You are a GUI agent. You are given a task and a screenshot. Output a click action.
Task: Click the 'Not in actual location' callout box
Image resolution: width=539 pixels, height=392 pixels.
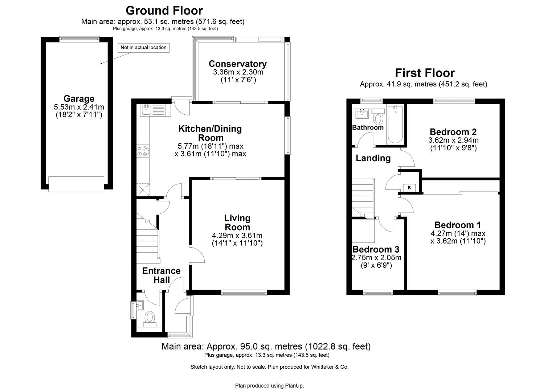[x=143, y=48]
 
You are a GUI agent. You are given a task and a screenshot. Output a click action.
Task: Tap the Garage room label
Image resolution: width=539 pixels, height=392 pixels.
[x=79, y=99]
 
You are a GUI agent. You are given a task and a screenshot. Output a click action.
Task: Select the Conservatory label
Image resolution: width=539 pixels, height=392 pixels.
[x=237, y=64]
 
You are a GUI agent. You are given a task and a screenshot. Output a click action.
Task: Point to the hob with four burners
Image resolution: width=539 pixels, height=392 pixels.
[x=142, y=151]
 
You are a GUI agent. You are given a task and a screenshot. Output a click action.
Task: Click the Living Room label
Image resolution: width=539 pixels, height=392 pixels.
[x=237, y=222]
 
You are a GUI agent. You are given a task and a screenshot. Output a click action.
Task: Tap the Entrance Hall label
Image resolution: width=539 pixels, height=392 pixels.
[x=161, y=275]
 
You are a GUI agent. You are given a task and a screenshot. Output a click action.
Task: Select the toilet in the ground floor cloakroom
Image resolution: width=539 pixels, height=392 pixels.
[x=150, y=318]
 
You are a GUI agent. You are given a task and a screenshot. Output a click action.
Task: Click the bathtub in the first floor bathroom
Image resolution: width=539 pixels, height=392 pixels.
[x=395, y=124]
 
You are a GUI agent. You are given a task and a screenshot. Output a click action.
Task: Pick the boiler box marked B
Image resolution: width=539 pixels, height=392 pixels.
[x=409, y=188]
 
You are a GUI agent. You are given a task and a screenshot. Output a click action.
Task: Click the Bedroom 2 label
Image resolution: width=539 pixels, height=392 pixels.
[x=453, y=132]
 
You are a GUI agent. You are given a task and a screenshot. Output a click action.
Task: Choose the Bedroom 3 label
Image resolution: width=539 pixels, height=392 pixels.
[x=376, y=249]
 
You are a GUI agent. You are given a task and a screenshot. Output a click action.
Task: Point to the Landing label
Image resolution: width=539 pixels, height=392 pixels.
[x=373, y=158]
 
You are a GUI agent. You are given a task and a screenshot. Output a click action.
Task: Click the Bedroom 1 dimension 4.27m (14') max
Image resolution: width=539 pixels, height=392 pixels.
[x=458, y=233]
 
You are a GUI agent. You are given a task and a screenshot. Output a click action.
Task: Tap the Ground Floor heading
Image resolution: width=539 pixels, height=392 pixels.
[x=164, y=10]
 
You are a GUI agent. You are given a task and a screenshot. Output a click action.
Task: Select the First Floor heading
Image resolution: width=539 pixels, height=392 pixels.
[x=425, y=73]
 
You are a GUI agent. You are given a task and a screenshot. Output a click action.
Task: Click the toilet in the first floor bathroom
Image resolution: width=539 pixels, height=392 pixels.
[x=378, y=119]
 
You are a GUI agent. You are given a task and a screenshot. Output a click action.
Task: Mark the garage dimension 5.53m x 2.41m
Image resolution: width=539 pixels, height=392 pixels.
[x=79, y=107]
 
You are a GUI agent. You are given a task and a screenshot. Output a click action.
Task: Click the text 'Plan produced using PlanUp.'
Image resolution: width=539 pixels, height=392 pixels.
[x=269, y=385]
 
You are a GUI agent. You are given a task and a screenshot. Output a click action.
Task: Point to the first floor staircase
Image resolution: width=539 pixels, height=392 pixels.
[x=363, y=198]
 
